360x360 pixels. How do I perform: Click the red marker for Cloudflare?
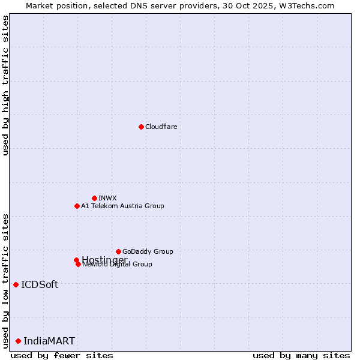point(141,127)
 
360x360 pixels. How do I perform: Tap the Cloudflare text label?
point(161,127)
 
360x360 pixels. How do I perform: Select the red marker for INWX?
point(94,198)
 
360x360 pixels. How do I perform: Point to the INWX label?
point(107,198)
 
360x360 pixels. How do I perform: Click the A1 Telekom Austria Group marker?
point(77,206)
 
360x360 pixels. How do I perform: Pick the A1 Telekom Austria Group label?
point(122,206)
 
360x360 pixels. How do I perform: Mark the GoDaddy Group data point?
point(118,251)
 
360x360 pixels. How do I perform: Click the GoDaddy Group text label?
point(148,251)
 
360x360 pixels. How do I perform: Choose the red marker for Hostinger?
point(76,260)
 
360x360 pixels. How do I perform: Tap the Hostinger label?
point(104,259)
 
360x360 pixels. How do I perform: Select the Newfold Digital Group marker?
point(78,264)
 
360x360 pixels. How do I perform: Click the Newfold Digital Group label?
point(118,265)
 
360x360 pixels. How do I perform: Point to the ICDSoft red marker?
point(16,284)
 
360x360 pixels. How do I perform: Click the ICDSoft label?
point(40,284)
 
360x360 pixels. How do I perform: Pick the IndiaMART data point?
point(18,341)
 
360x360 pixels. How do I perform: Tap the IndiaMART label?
point(49,341)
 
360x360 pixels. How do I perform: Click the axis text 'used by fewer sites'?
point(62,355)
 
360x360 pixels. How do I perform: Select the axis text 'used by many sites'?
point(301,355)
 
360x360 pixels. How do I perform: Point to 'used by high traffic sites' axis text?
point(5,85)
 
